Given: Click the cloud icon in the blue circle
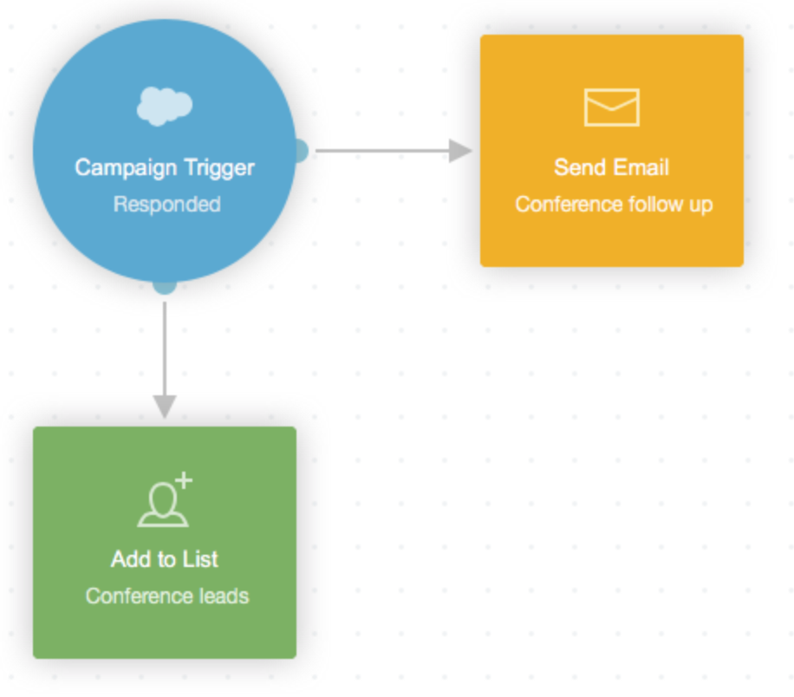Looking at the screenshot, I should point(165,106).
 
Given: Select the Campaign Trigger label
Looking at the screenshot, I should point(165,167).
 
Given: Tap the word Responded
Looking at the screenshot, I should point(166,205).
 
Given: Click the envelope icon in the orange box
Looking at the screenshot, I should point(611,107).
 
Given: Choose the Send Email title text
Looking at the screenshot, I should point(611,167).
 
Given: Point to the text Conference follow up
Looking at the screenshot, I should point(614,205).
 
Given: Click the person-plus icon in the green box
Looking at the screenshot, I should point(163,501).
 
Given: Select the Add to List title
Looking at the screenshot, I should point(164,559).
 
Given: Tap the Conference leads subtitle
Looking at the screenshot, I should point(167,596).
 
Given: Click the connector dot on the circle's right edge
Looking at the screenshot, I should point(300,151).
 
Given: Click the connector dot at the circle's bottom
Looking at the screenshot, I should point(165,285).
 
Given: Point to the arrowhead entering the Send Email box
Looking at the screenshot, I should point(459,151).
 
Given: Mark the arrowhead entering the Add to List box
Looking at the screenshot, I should point(165,406).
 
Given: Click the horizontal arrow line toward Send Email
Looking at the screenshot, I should point(381,151).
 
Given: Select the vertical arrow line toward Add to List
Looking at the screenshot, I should point(165,347).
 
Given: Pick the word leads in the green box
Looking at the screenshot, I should point(225,596).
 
